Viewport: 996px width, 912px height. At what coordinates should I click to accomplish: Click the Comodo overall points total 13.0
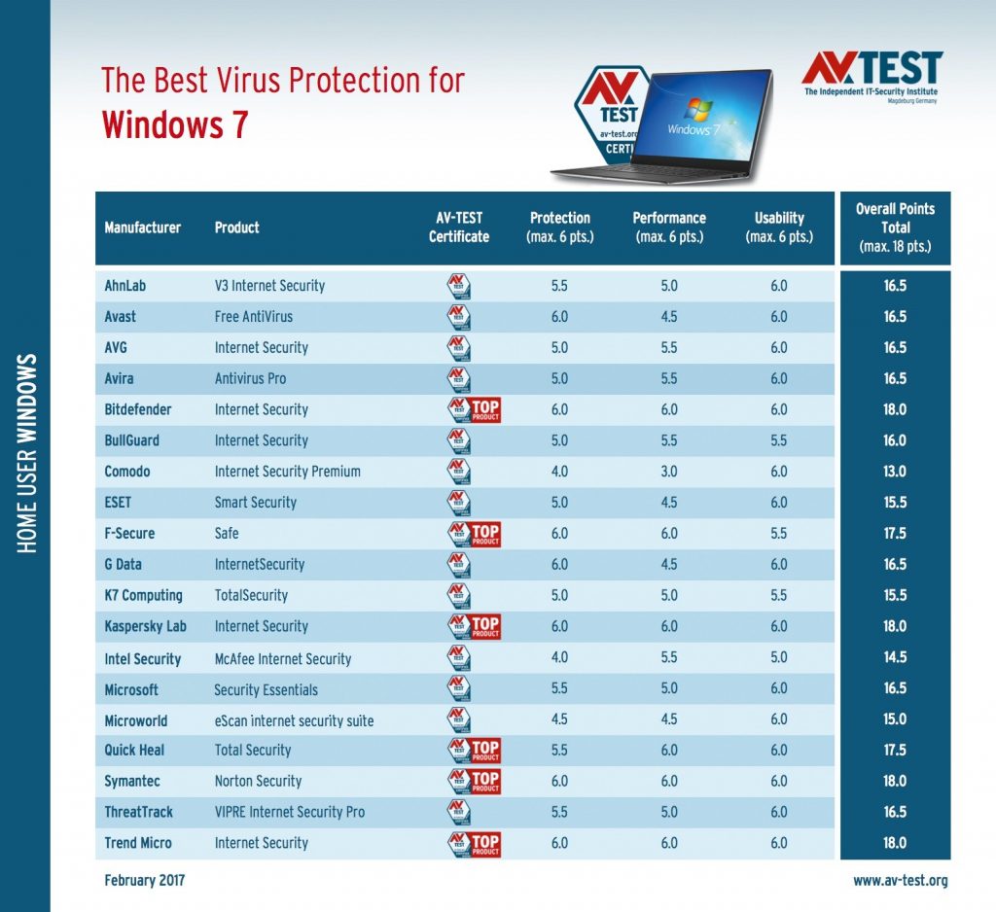895,472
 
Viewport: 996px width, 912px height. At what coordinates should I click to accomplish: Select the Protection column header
559,228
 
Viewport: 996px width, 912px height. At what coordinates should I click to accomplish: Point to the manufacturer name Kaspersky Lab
146,626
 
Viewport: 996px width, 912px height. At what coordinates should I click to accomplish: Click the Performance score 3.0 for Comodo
669,472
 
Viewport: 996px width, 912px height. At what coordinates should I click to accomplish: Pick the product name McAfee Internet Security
283,658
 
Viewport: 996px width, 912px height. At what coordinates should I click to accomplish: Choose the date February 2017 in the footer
145,880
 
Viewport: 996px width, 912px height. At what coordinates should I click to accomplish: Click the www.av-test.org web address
900,881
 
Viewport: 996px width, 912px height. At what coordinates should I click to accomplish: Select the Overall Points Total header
895,228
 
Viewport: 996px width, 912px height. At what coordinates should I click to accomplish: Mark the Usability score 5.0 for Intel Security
779,657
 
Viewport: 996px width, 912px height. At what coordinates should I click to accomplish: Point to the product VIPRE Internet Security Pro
290,812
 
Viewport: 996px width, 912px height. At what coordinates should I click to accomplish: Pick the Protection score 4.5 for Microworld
559,719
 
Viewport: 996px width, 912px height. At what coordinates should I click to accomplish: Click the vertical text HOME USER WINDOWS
26,453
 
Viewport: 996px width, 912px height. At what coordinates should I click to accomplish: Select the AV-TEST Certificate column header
459,228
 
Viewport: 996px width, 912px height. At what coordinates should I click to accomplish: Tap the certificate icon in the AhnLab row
459,286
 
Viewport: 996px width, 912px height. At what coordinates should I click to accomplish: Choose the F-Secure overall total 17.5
895,534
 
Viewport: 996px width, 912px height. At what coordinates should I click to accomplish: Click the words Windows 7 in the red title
175,124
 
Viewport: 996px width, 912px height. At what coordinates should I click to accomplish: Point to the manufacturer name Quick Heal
134,750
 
